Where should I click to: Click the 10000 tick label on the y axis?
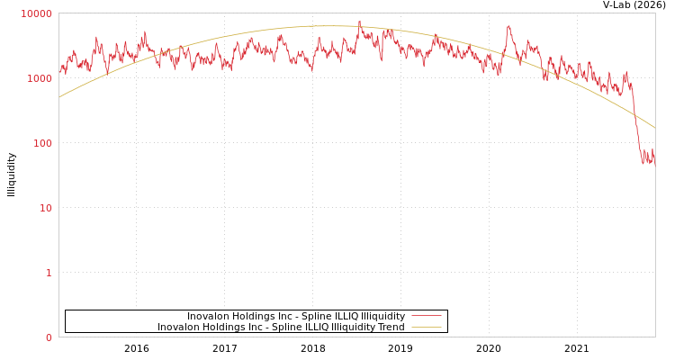[x=37, y=13]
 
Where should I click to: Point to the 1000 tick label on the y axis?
[x=40, y=78]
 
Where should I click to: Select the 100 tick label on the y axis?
[x=42, y=143]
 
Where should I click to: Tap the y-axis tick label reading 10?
[x=45, y=208]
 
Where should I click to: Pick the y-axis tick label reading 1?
[x=49, y=273]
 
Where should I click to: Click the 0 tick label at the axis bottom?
[x=49, y=337]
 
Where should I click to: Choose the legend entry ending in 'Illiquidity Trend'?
[x=281, y=328]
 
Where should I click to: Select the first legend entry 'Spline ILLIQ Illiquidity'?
[x=296, y=317]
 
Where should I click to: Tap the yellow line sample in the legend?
[x=427, y=328]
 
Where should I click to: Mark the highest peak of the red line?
[x=360, y=22]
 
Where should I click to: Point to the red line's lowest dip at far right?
[x=643, y=164]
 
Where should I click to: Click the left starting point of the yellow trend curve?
[x=59, y=97]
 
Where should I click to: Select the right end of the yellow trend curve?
[x=654, y=128]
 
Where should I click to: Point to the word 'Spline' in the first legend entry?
[x=309, y=317]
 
